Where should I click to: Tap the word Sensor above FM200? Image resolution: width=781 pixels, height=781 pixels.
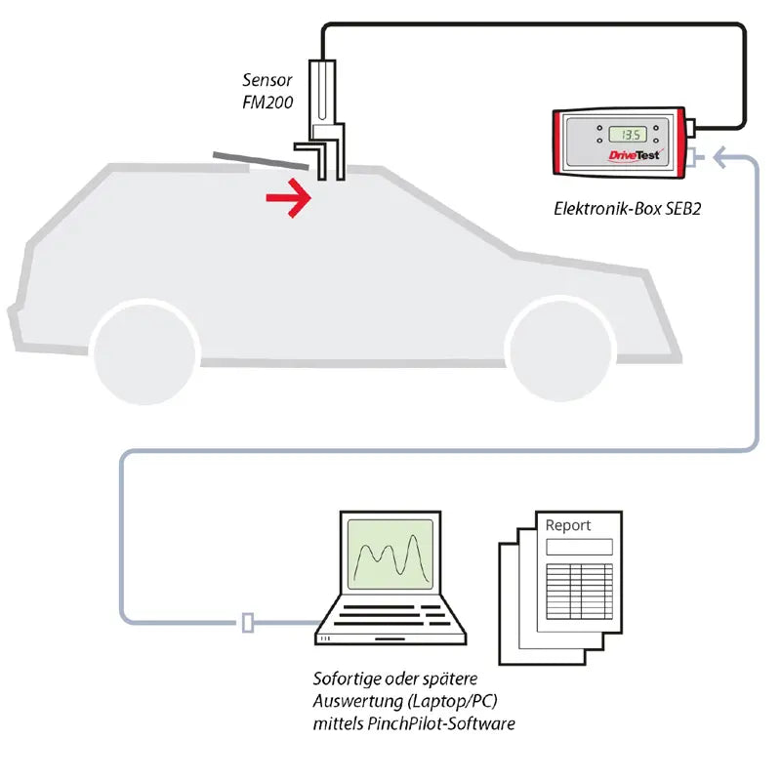(x=267, y=79)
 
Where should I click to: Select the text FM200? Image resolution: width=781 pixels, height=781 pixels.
(x=267, y=102)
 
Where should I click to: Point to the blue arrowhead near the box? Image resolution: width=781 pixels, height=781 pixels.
(x=720, y=155)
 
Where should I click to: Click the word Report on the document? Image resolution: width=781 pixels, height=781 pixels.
(x=567, y=524)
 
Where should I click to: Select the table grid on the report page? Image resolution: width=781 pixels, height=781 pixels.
(x=578, y=590)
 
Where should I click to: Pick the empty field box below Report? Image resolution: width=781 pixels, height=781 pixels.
(x=578, y=546)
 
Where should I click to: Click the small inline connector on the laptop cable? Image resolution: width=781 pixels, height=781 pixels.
(x=248, y=622)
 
